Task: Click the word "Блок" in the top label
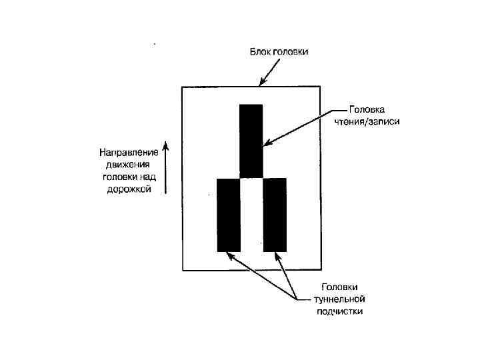[259, 52]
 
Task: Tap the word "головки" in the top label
[291, 52]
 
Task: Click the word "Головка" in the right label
[367, 109]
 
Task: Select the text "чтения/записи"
[367, 121]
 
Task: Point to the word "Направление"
[129, 151]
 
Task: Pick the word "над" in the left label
[150, 177]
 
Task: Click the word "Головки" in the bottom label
[339, 287]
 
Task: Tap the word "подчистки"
[339, 311]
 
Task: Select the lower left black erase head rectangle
[229, 214]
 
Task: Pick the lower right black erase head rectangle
[275, 214]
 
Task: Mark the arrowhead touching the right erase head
[279, 256]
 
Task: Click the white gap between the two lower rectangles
[251, 214]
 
